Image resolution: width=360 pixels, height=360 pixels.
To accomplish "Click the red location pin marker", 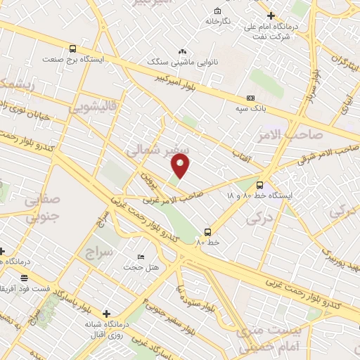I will coord(182,167).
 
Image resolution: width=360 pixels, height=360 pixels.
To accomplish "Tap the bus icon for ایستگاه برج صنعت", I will coord(73,49).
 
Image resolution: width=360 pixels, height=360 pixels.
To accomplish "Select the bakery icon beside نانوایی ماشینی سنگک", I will coord(183,51).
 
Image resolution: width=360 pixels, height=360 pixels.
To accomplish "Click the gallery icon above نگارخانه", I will coord(217,11).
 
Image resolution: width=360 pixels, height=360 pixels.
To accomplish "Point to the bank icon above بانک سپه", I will coord(251,98).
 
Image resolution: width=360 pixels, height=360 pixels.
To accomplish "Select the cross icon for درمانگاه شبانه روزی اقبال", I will coord(106,314).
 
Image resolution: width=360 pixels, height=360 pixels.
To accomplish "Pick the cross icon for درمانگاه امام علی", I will coord(271,15).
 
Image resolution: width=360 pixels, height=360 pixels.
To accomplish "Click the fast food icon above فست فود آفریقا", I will coord(25,278).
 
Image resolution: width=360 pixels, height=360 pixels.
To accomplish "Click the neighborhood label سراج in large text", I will coord(99,251).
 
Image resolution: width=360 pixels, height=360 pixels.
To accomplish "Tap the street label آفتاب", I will coord(242,161).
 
